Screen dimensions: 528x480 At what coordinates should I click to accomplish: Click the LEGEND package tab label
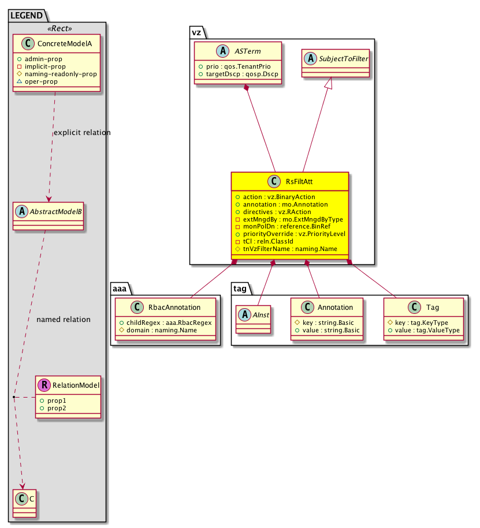tap(25, 16)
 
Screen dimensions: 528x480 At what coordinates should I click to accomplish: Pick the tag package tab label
tap(240, 287)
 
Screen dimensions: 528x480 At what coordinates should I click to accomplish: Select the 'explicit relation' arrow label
tap(81, 133)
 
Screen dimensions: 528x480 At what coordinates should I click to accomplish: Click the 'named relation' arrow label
tap(63, 319)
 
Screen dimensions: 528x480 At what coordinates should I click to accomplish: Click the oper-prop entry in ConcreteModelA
tap(59, 82)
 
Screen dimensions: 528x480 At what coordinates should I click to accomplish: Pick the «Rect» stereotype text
tap(56, 28)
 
